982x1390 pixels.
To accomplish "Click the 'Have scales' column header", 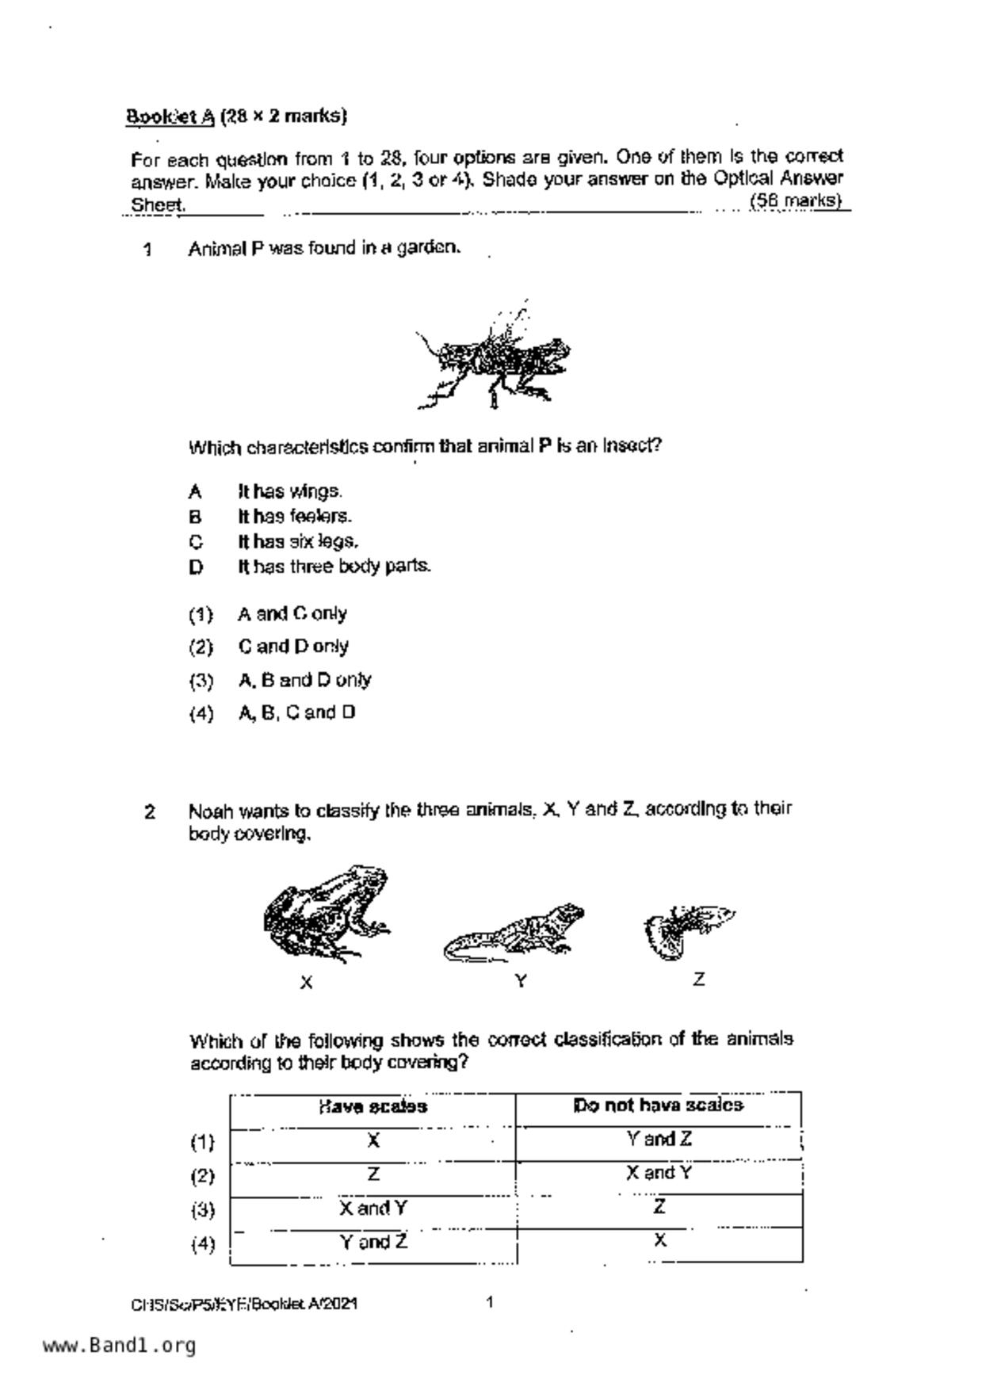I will [373, 1106].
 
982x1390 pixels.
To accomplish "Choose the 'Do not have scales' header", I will [658, 1106].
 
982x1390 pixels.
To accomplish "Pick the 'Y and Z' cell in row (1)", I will [658, 1140].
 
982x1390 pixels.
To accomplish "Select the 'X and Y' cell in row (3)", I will [373, 1209].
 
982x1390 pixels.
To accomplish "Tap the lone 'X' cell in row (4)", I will [659, 1240].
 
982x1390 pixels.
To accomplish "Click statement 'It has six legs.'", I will [298, 541].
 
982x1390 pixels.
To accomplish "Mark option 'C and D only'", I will [293, 647].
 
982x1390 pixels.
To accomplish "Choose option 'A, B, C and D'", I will [296, 712].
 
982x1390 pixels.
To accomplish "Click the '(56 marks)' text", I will [795, 200].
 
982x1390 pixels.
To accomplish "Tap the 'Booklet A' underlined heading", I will [170, 116].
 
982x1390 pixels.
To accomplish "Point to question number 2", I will [150, 811].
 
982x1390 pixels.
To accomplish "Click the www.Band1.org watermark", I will [119, 1346].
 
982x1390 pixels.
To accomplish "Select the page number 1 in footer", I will [490, 1302].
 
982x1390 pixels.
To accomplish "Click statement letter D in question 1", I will [196, 567].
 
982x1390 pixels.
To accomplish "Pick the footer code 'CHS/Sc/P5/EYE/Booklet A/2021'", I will [244, 1304].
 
